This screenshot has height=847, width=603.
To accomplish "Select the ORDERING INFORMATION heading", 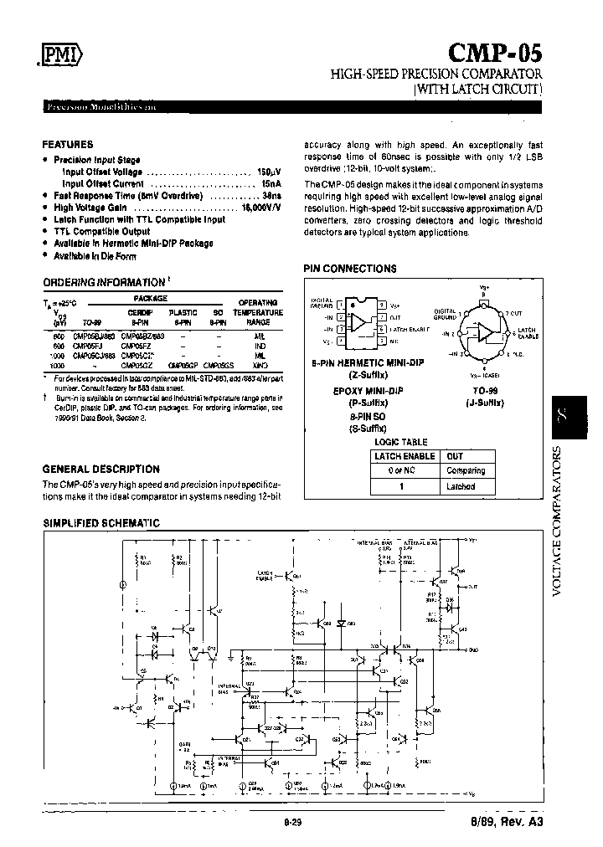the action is [x=104, y=282].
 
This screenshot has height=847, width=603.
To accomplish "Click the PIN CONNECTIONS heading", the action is [x=349, y=269].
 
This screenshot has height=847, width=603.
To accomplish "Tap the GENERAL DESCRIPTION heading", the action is [x=100, y=470].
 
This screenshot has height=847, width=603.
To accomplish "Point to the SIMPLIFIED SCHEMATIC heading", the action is [x=100, y=523].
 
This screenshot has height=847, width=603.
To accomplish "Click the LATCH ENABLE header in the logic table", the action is [x=405, y=456].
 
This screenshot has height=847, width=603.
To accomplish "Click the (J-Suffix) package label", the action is [x=484, y=403].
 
